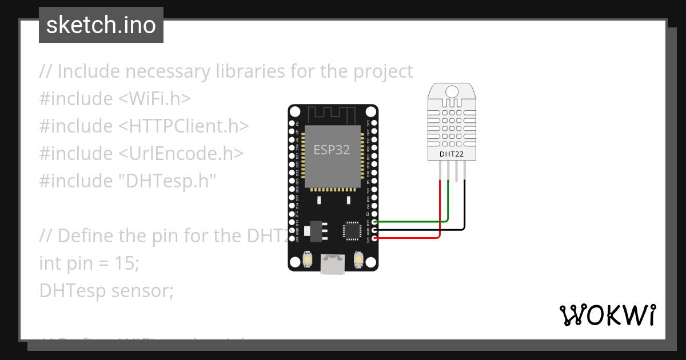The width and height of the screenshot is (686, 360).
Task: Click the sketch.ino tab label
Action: [101, 25]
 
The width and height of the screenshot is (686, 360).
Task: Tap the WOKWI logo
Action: [607, 315]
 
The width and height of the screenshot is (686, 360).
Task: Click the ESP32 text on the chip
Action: [332, 150]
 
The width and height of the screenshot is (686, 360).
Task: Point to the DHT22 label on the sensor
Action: [452, 154]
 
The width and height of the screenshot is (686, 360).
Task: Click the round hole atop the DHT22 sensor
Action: [452, 91]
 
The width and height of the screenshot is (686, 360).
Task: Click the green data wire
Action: [412, 221]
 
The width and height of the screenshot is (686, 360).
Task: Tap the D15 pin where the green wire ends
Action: [374, 222]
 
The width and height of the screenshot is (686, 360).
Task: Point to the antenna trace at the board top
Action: [333, 114]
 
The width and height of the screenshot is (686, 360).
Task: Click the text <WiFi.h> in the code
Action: [154, 98]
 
